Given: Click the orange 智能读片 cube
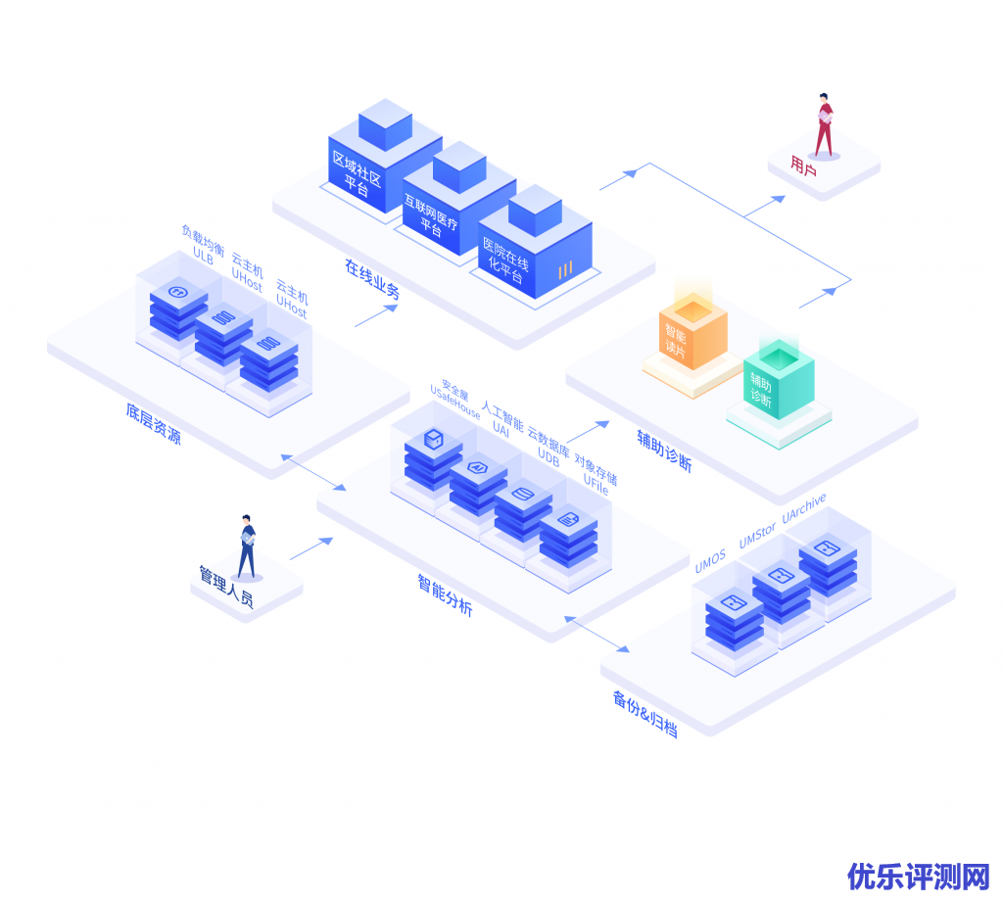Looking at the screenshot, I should pos(692,334).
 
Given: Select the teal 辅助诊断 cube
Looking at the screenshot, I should pos(778,383).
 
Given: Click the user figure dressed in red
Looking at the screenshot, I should pos(824,125).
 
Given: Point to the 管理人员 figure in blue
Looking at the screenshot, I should pos(247,546).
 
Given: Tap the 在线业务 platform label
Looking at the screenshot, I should pos(371,278).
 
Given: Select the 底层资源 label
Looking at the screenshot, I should pos(153,424).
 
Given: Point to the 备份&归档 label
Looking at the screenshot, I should pos(645,713).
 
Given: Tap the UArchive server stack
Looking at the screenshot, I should pos(828,565).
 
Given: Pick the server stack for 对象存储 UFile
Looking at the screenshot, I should pos(568,535).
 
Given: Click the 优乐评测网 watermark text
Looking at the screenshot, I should pos(919,876).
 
